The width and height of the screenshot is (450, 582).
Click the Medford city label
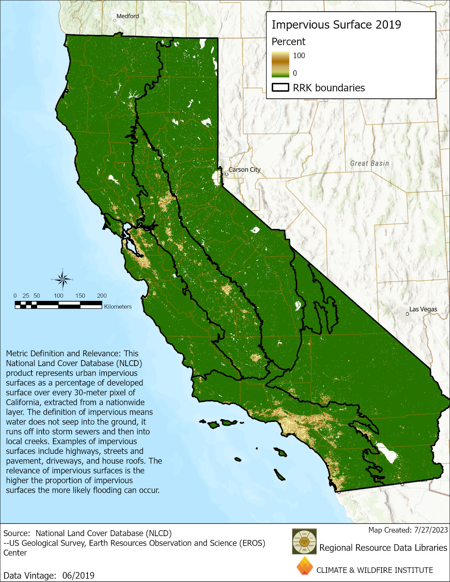pyautogui.click(x=127, y=16)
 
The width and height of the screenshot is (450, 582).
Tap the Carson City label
pyautogui.click(x=245, y=170)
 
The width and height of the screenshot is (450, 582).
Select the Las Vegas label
pyautogui.click(x=423, y=309)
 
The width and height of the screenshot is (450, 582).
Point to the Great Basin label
pyautogui.click(x=370, y=163)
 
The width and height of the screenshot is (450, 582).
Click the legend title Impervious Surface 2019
pyautogui.click(x=336, y=25)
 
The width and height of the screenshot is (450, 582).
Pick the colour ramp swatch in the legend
pyautogui.click(x=280, y=64)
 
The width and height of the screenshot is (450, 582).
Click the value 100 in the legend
pyautogui.click(x=299, y=56)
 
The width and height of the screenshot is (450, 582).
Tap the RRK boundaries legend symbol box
pyautogui.click(x=281, y=87)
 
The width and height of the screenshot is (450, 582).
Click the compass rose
pyautogui.click(x=63, y=280)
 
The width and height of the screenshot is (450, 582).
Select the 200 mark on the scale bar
pyautogui.click(x=102, y=296)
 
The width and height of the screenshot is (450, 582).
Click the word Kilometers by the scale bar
pyautogui.click(x=118, y=307)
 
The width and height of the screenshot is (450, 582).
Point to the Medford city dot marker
pyautogui.click(x=115, y=20)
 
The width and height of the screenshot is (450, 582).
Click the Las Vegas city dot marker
pyautogui.click(x=407, y=314)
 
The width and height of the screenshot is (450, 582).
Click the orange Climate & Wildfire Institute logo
pyautogui.click(x=305, y=566)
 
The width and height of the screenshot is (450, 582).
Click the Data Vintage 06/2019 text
pyautogui.click(x=49, y=576)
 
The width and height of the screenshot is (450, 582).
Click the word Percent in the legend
pyautogui.click(x=288, y=42)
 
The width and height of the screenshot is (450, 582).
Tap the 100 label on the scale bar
pyautogui.click(x=59, y=296)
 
